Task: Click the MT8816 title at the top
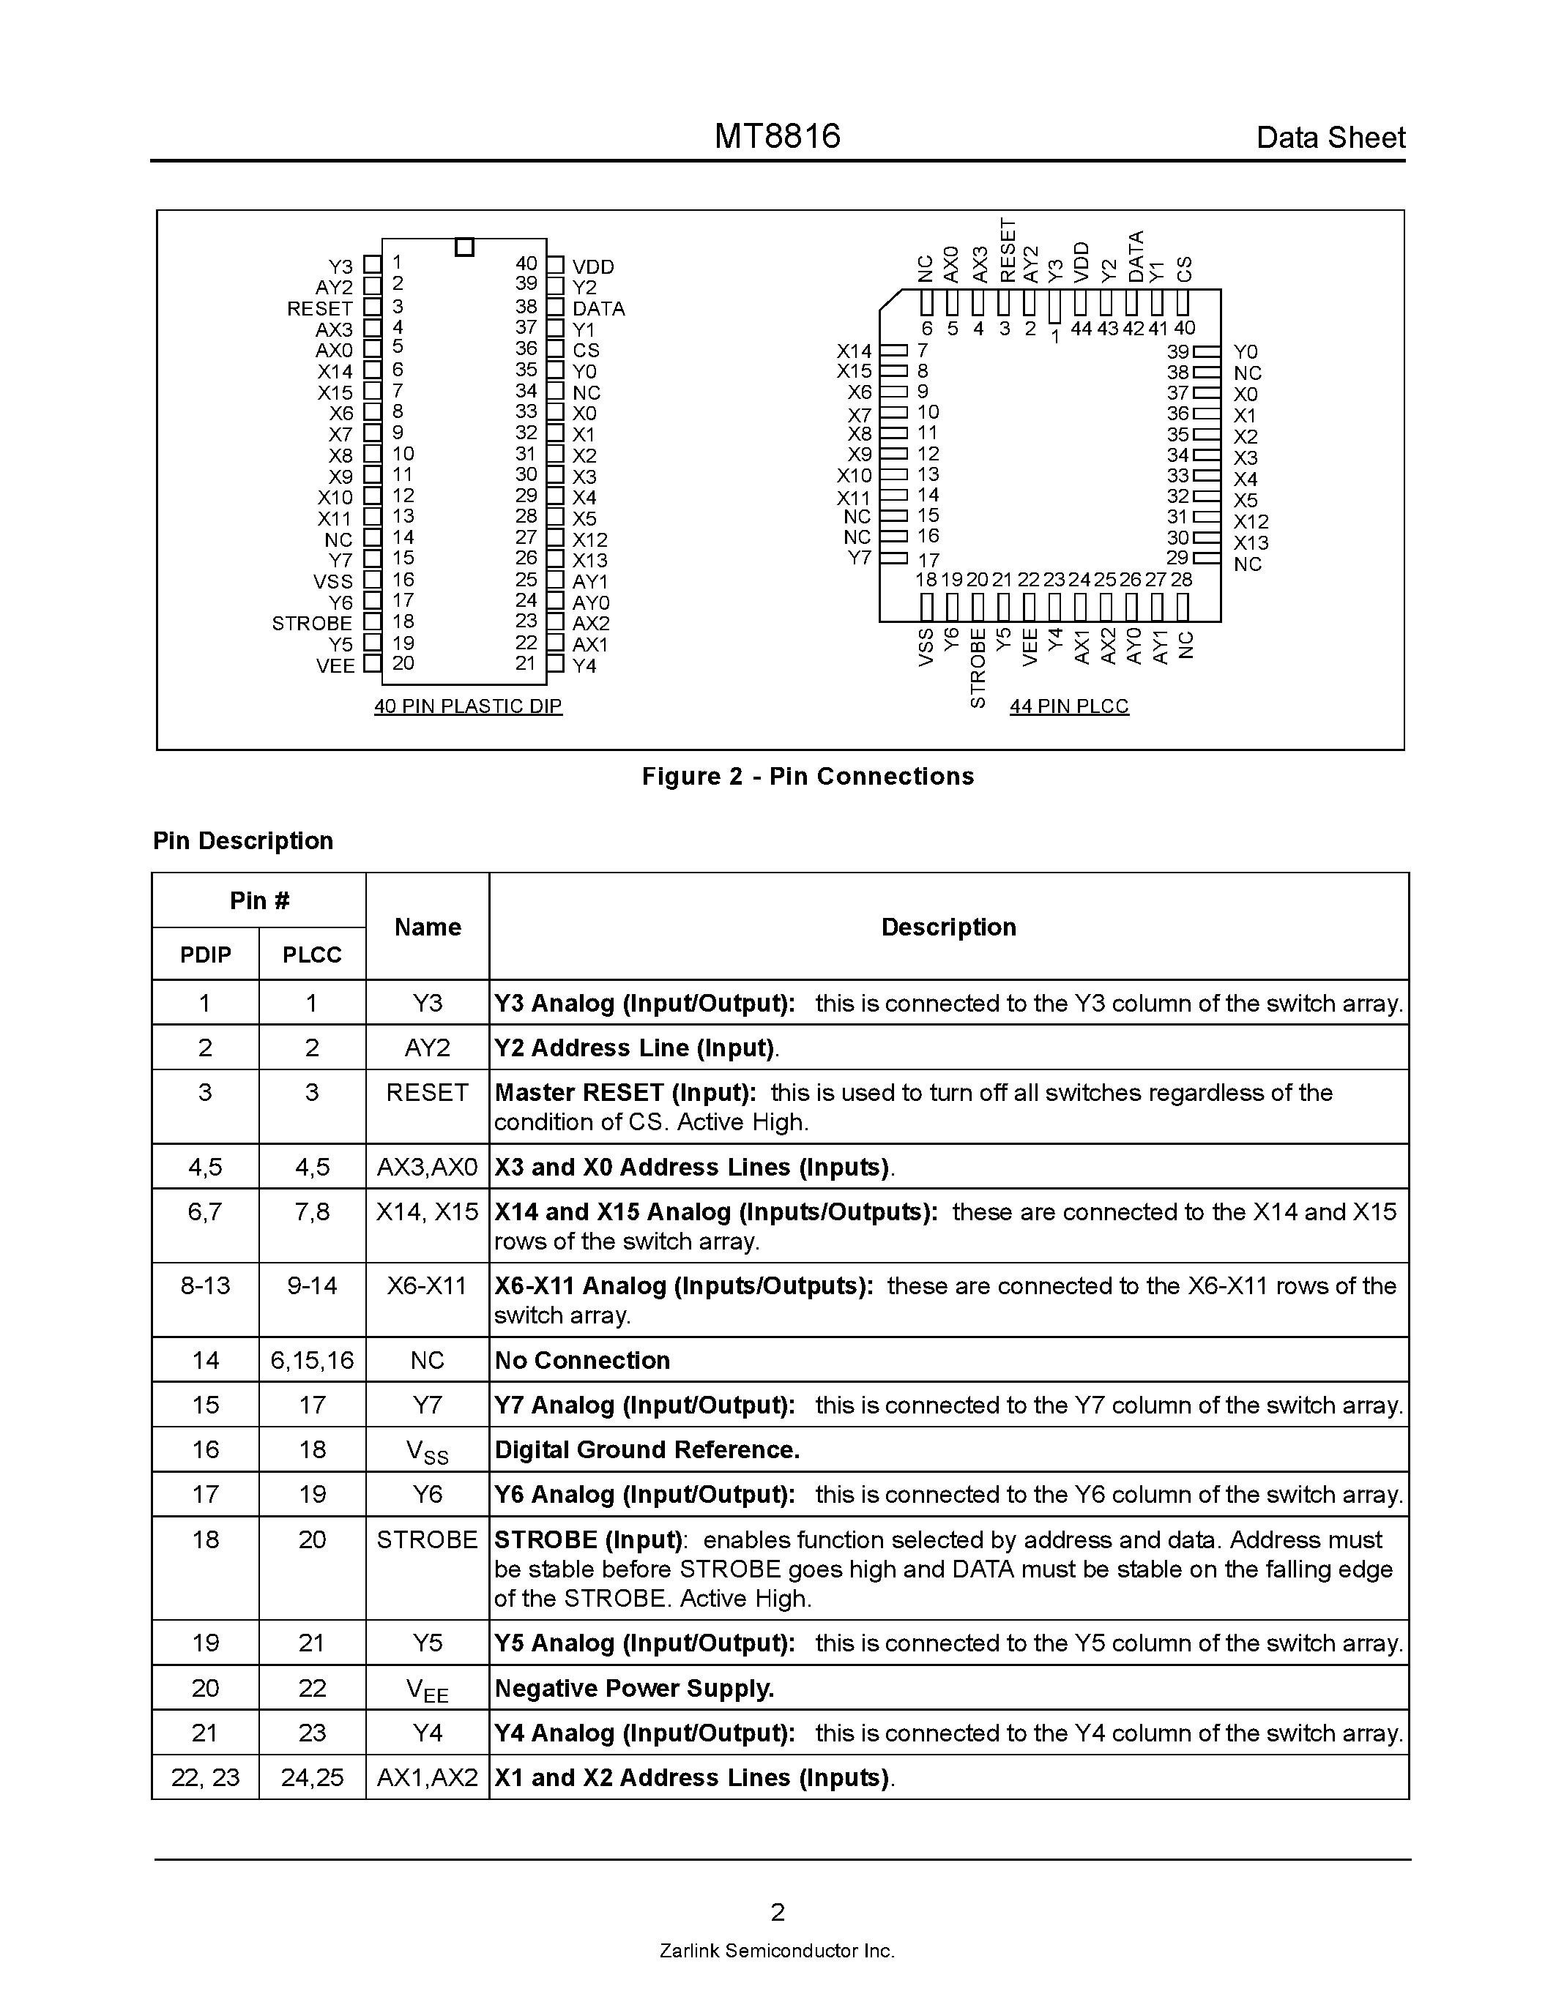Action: tap(777, 136)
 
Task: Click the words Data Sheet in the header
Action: tap(1330, 138)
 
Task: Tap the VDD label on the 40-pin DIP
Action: tap(592, 266)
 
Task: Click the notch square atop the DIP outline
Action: tap(464, 247)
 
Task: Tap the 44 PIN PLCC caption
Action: tap(1068, 706)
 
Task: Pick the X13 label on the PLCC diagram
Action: tap(1251, 543)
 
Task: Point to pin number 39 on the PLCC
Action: tap(1177, 351)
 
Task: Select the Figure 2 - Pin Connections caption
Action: tap(808, 776)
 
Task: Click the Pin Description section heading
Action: tap(243, 840)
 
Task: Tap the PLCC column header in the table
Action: tap(312, 955)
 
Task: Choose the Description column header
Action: tap(948, 927)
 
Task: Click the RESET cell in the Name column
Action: tap(427, 1093)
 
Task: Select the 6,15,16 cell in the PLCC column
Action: tap(312, 1361)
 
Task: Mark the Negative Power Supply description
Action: tap(634, 1689)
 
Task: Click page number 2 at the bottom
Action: tap(777, 1911)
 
